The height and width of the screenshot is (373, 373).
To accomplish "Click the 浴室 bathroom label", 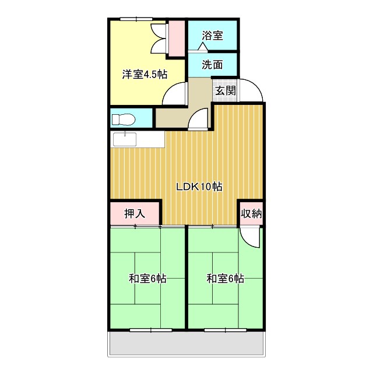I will tap(213, 36).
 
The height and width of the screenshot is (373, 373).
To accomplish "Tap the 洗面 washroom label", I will tap(213, 65).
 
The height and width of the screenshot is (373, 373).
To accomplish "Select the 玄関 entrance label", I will tap(225, 90).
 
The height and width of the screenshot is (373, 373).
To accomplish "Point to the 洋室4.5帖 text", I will tap(145, 75).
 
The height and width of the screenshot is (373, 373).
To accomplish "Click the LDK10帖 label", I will tap(199, 186).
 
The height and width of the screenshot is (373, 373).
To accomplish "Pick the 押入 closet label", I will tap(135, 213).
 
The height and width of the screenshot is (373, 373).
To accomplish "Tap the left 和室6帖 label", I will tap(147, 279).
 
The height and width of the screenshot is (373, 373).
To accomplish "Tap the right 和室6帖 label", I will tap(225, 279).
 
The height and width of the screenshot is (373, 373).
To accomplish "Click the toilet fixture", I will tap(124, 119).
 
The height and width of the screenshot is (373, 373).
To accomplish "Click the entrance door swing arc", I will tap(253, 90).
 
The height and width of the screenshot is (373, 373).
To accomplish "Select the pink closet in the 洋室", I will tap(175, 38).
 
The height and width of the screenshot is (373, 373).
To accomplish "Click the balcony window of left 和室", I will tap(151, 330).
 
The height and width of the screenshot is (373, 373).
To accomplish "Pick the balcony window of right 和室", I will tap(226, 330).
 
